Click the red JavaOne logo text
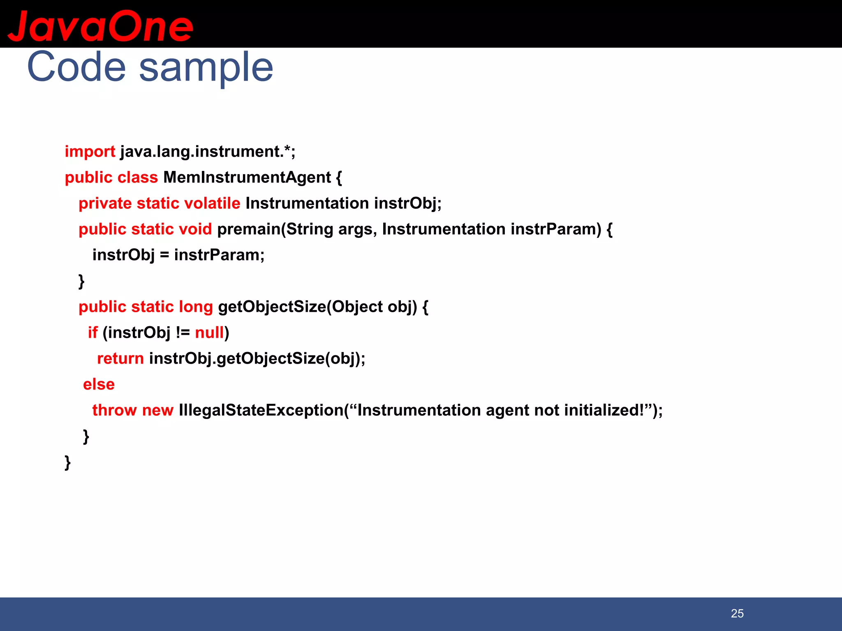[100, 26]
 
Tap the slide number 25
[737, 613]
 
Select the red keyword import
[90, 152]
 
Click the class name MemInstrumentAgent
[247, 177]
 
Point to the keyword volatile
[212, 203]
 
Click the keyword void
[195, 229]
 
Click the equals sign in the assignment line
[164, 256]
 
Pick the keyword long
[195, 307]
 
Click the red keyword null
[209, 333]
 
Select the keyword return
[120, 359]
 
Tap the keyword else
[99, 385]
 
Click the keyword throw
[114, 410]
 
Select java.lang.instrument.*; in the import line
[208, 152]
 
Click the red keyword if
[93, 333]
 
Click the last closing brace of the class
[68, 462]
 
